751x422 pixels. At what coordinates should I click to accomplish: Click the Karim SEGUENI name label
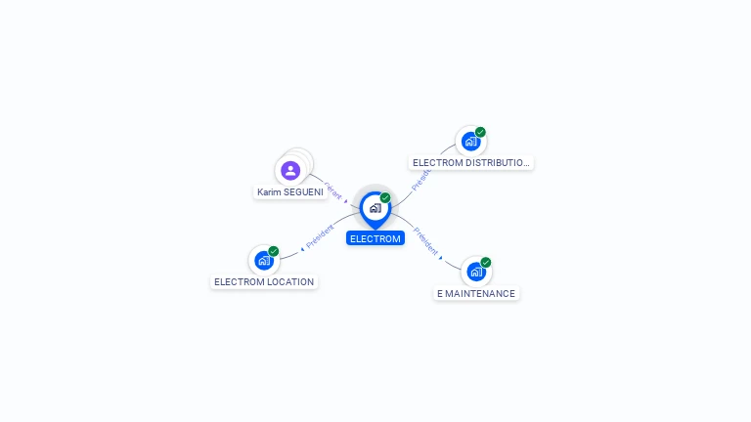pyautogui.click(x=289, y=192)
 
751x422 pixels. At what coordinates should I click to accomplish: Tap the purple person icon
pyautogui.click(x=290, y=171)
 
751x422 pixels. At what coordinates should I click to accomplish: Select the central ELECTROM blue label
pyautogui.click(x=375, y=238)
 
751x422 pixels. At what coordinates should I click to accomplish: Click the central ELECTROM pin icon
pyautogui.click(x=375, y=208)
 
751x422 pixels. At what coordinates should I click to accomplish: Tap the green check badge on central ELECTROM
pyautogui.click(x=385, y=197)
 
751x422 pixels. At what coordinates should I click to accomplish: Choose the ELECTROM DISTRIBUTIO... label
pyautogui.click(x=471, y=162)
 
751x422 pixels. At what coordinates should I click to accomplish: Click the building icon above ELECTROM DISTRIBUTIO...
pyautogui.click(x=470, y=141)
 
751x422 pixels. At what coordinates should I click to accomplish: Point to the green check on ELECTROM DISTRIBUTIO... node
pyautogui.click(x=480, y=132)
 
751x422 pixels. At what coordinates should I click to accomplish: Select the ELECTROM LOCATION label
pyautogui.click(x=264, y=281)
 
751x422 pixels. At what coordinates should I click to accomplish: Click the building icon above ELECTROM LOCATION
pyautogui.click(x=263, y=260)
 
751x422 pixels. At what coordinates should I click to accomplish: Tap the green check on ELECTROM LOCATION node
pyautogui.click(x=274, y=251)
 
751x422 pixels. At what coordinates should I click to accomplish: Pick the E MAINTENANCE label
pyautogui.click(x=476, y=293)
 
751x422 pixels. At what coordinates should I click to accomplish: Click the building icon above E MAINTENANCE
pyautogui.click(x=475, y=272)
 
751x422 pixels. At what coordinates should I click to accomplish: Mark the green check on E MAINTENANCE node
pyautogui.click(x=485, y=262)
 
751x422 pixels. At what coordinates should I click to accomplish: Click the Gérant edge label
pyautogui.click(x=333, y=190)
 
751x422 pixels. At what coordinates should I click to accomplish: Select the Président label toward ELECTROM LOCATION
pyautogui.click(x=320, y=235)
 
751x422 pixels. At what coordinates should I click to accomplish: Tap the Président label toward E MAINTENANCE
pyautogui.click(x=425, y=241)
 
